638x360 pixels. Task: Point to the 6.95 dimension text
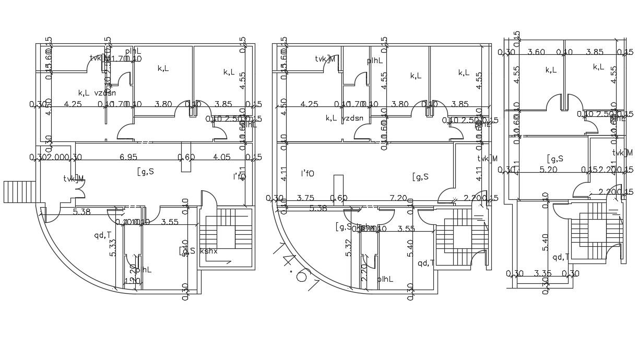coord(128,157)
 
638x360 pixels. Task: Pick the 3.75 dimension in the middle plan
coord(305,198)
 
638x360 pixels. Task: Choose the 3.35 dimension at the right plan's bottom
coord(543,273)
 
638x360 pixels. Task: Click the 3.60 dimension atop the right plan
coord(536,52)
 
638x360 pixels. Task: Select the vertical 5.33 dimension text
coord(113,247)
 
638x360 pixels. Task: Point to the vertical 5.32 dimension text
coord(349,247)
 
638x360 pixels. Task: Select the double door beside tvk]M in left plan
coord(80,193)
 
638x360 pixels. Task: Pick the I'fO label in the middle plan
coord(308,173)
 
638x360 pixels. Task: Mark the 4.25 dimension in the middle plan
coord(309,104)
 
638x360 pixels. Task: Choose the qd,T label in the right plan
coord(561,256)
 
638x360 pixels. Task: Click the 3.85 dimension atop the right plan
coord(595,52)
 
